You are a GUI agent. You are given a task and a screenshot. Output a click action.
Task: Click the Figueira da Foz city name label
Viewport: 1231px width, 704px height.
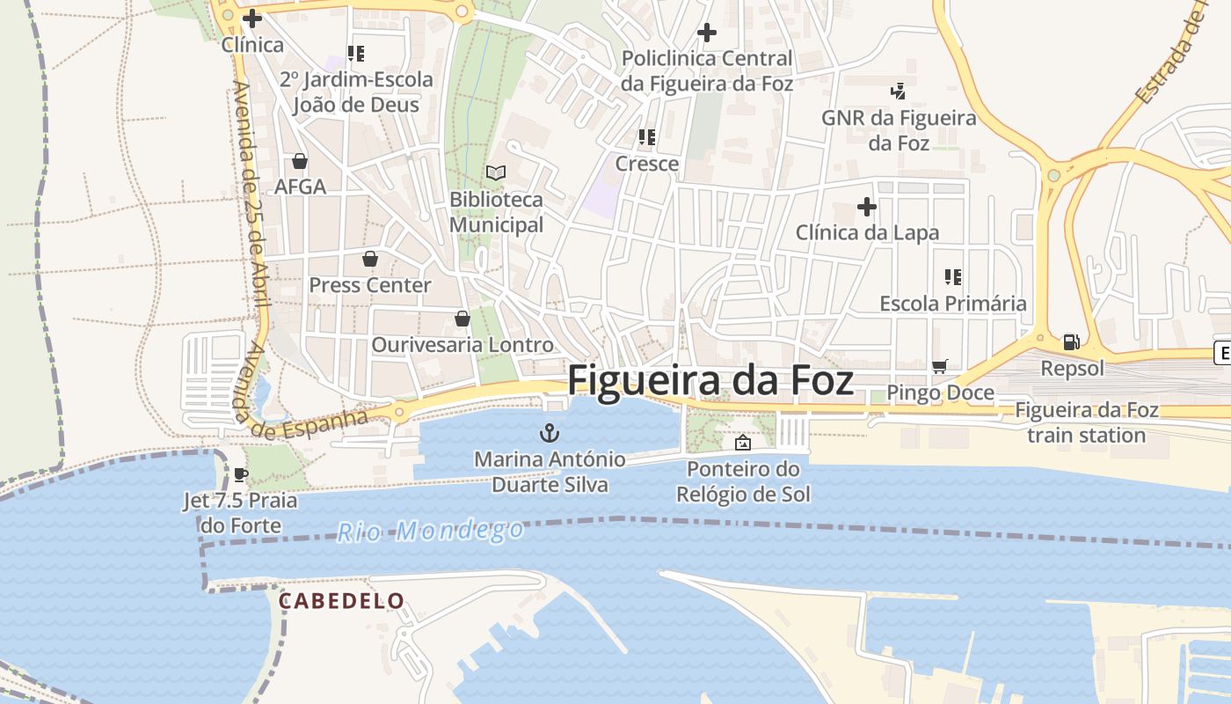(710, 381)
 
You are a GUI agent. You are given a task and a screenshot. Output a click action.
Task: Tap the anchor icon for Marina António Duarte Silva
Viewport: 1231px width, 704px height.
(550, 432)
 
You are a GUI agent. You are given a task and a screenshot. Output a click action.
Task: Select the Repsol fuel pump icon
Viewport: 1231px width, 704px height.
(1071, 341)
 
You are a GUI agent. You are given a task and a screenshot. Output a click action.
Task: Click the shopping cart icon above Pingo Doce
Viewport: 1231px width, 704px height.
(940, 366)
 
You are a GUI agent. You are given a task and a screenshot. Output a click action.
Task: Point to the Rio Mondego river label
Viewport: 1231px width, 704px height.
(431, 531)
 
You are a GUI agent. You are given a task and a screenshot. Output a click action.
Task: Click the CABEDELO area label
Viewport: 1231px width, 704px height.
(342, 601)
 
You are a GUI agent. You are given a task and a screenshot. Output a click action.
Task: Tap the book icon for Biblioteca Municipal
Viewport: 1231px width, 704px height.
(496, 172)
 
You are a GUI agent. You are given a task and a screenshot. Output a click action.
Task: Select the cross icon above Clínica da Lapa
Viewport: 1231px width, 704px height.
(867, 207)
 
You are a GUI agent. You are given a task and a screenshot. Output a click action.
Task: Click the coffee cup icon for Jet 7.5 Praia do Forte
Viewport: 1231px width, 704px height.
(240, 475)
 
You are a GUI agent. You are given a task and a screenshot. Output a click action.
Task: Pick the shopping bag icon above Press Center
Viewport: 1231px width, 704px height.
(370, 259)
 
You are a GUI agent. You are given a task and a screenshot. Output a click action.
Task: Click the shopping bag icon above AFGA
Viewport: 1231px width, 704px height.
(300, 161)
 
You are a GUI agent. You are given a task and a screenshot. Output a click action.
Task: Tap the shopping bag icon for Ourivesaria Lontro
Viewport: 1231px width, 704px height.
(463, 319)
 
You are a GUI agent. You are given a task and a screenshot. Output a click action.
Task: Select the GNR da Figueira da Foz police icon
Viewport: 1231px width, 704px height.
(898, 90)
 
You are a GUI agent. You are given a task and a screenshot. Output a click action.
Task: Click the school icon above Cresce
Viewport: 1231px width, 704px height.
(647, 137)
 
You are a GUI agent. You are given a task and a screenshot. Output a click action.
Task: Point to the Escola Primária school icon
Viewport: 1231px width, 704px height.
(953, 277)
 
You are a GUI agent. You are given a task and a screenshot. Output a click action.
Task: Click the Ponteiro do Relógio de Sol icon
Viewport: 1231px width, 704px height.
(743, 443)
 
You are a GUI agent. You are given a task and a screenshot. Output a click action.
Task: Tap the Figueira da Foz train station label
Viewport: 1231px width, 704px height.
(1087, 422)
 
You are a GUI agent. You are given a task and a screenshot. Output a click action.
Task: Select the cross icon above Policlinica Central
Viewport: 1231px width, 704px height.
(707, 33)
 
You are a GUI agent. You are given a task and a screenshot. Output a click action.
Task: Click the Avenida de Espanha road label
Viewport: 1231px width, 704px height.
(308, 425)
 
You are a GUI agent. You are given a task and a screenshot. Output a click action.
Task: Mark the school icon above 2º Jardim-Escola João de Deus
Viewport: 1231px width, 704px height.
(356, 54)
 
